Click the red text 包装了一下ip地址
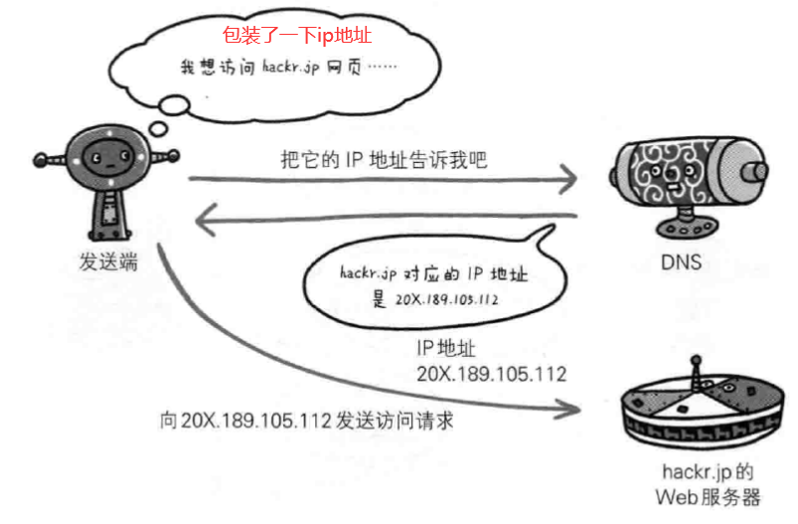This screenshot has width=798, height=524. click(x=297, y=35)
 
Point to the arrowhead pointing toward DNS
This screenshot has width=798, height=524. click(x=567, y=180)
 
